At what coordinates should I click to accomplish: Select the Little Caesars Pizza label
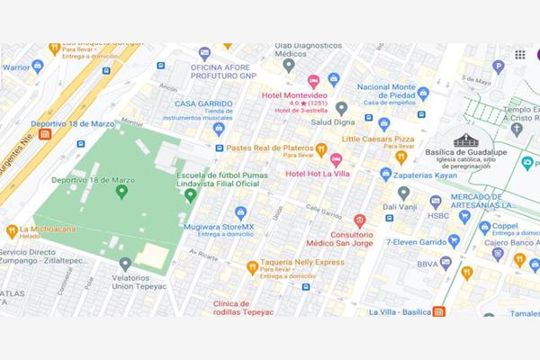[x=378, y=139]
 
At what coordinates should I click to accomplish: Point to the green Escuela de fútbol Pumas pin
[x=190, y=194]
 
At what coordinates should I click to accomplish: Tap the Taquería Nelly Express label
[x=302, y=262]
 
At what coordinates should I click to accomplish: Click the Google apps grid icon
[x=520, y=55]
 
